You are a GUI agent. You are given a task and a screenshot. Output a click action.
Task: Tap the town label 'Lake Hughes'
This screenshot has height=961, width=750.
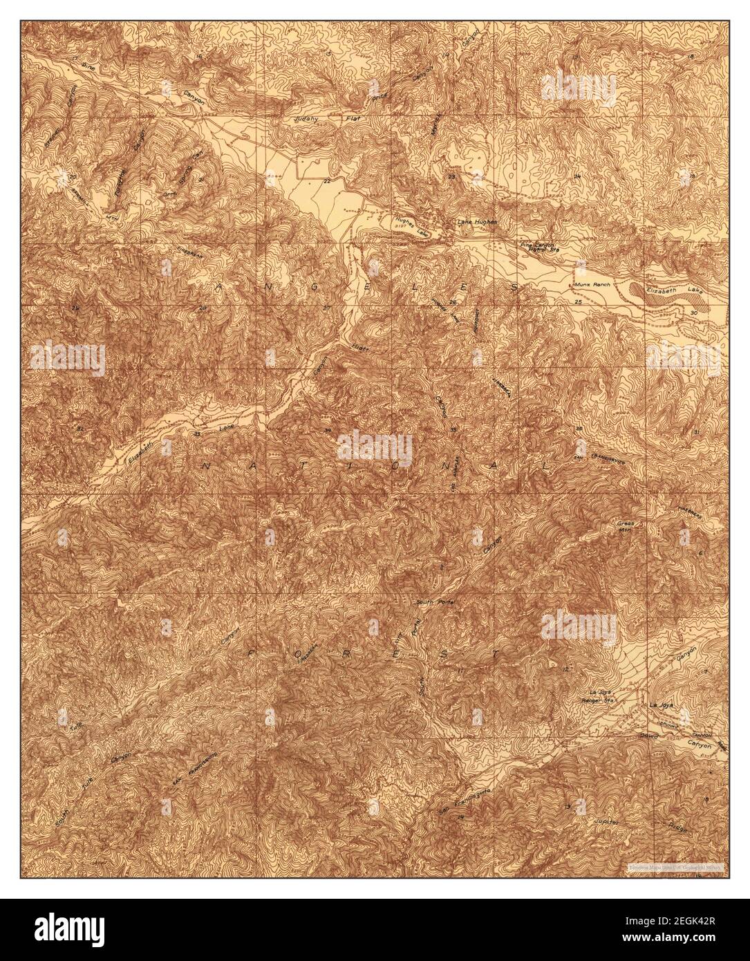click(477, 222)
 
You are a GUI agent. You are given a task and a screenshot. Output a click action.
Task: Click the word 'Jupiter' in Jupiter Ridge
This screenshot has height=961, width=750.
click(607, 821)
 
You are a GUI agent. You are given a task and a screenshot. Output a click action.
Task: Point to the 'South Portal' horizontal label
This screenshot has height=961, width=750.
click(433, 602)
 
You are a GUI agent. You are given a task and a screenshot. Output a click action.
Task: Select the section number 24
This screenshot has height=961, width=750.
click(577, 177)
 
